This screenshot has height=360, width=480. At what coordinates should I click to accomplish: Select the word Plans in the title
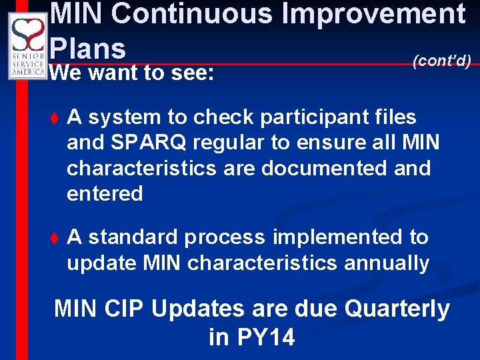pyautogui.click(x=88, y=48)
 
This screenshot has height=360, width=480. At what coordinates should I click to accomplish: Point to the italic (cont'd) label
pyautogui.click(x=442, y=61)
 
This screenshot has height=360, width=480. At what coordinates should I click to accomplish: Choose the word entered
pyautogui.click(x=105, y=194)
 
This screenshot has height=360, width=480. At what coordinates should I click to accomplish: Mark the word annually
pyautogui.click(x=387, y=263)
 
